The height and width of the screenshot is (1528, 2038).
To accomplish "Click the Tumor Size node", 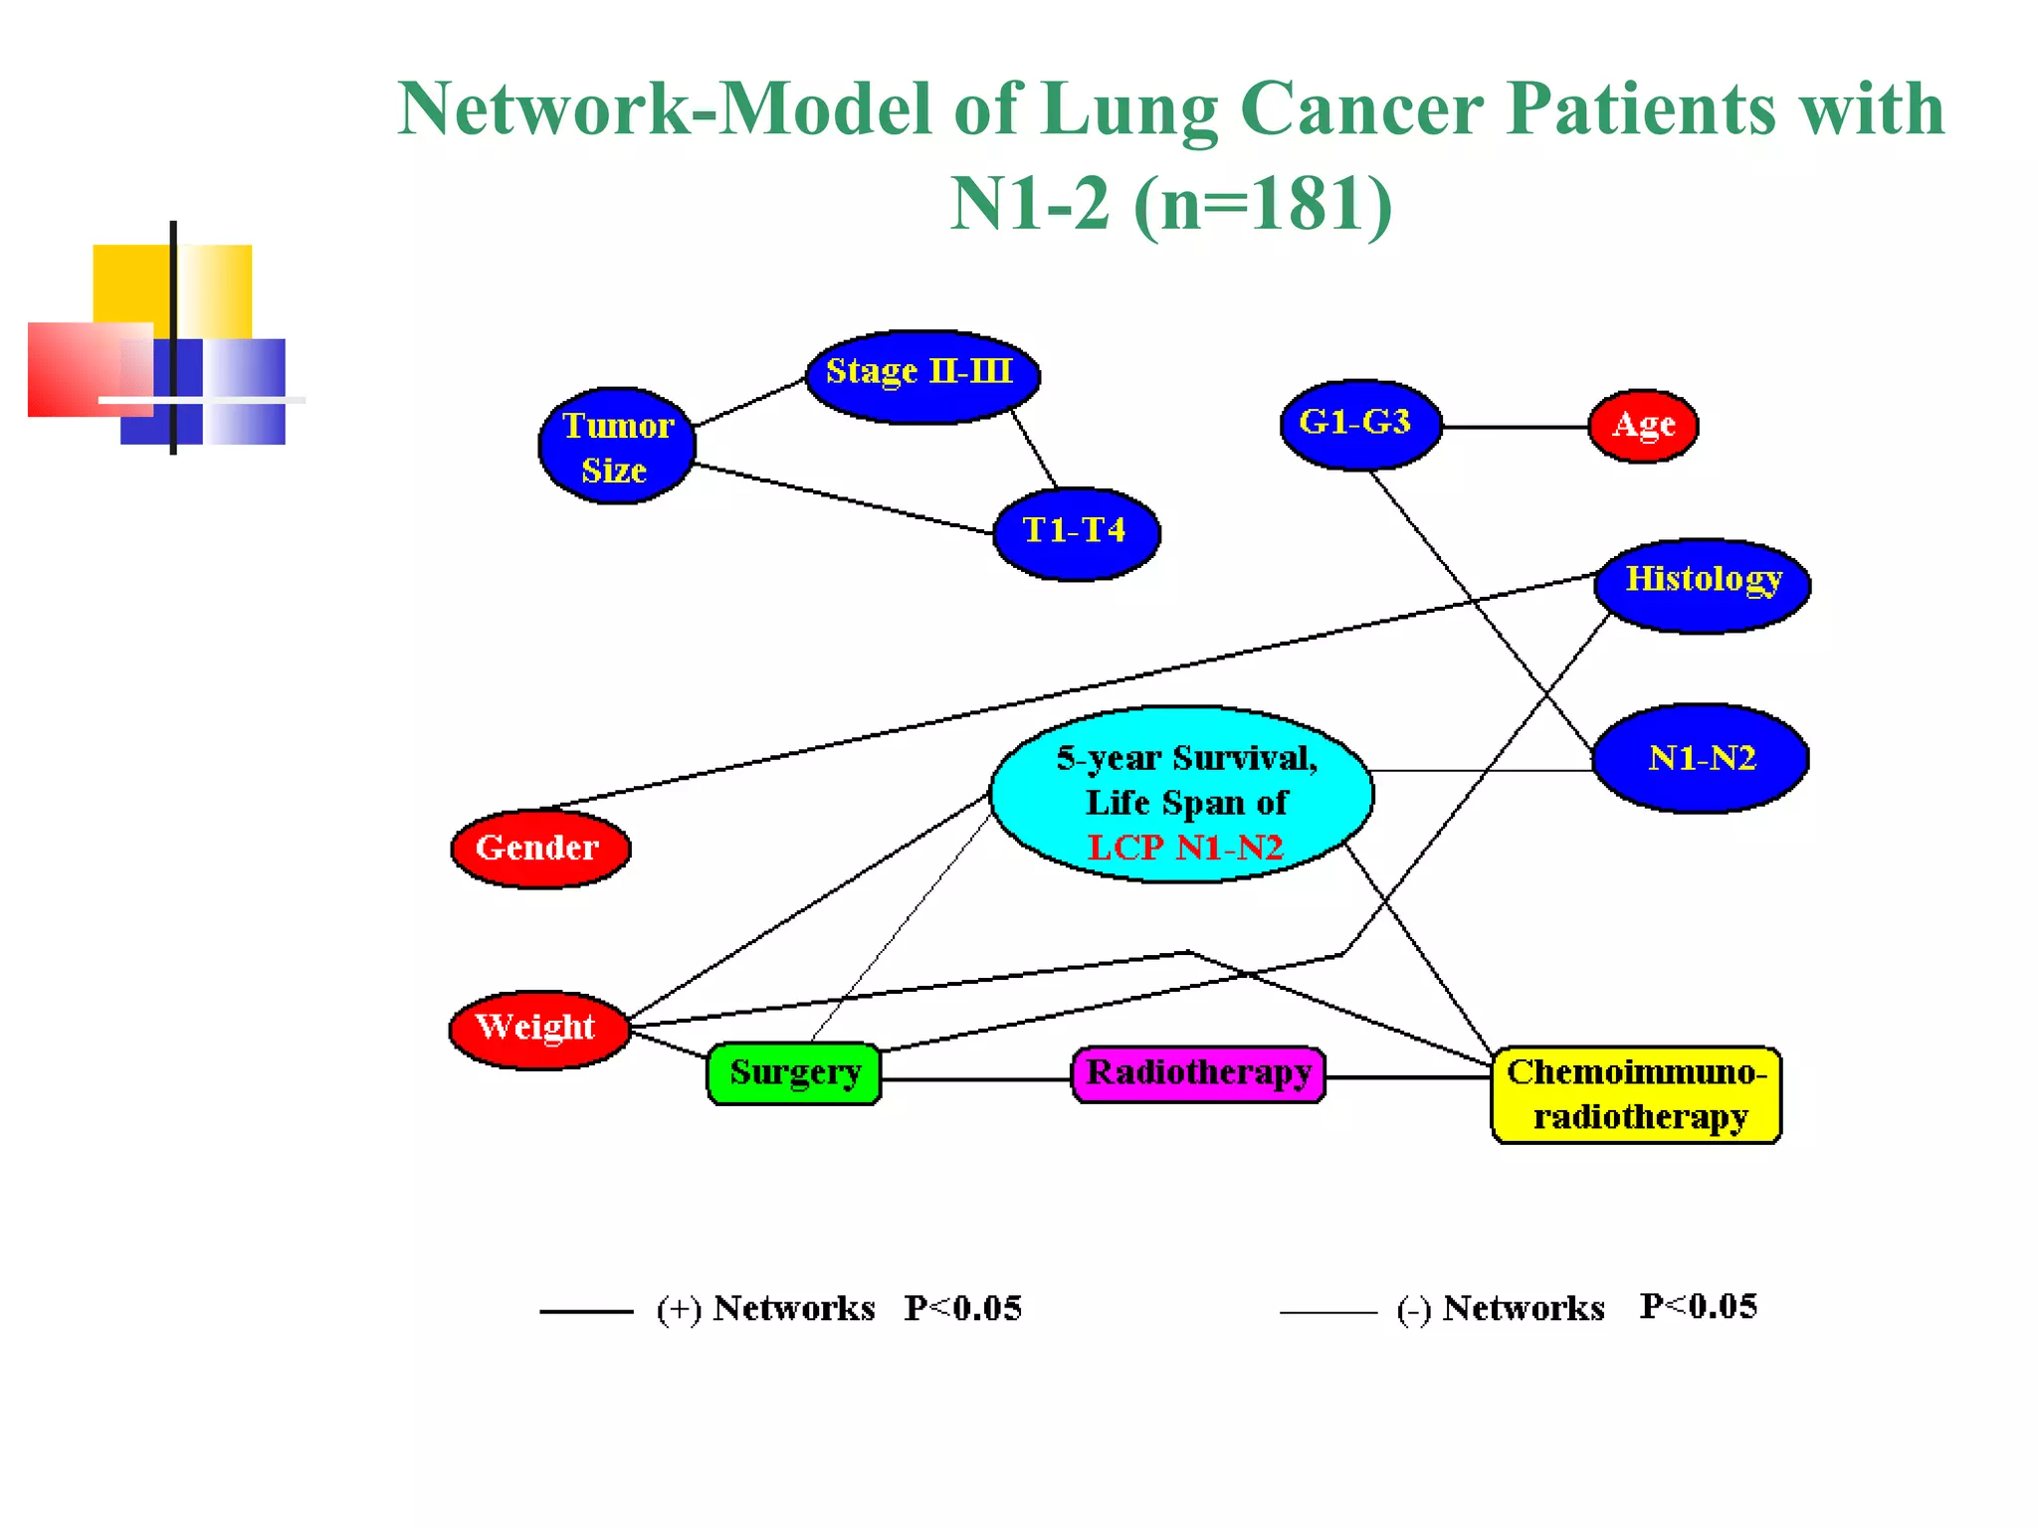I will click(x=617, y=447).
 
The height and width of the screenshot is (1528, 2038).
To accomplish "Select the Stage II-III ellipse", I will click(x=922, y=376).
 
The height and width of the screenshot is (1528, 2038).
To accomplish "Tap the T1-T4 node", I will click(x=1077, y=533).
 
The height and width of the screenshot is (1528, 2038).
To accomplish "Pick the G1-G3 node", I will click(x=1359, y=425).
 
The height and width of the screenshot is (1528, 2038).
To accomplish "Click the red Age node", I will click(x=1643, y=426).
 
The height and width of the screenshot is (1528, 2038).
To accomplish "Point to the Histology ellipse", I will click(x=1703, y=585).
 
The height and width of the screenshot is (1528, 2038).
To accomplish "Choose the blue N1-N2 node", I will click(x=1702, y=759).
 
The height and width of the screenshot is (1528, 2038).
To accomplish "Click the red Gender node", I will click(x=540, y=849).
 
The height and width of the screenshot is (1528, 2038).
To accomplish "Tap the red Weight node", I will click(x=538, y=1029).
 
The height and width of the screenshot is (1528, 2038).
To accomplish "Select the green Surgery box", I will click(x=794, y=1073).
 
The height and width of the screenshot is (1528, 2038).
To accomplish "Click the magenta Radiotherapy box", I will click(x=1198, y=1074).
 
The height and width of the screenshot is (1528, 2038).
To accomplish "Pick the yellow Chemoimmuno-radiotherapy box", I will click(x=1636, y=1094).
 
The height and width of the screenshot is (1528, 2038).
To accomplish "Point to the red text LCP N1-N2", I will click(x=1185, y=848).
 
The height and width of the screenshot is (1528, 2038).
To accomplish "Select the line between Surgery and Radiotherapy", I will click(x=976, y=1079).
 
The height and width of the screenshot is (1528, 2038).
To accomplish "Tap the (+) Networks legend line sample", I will click(x=586, y=1312).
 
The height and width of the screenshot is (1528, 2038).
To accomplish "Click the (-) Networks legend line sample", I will click(x=1327, y=1313).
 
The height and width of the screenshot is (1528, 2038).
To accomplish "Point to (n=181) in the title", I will click(x=1262, y=204).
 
